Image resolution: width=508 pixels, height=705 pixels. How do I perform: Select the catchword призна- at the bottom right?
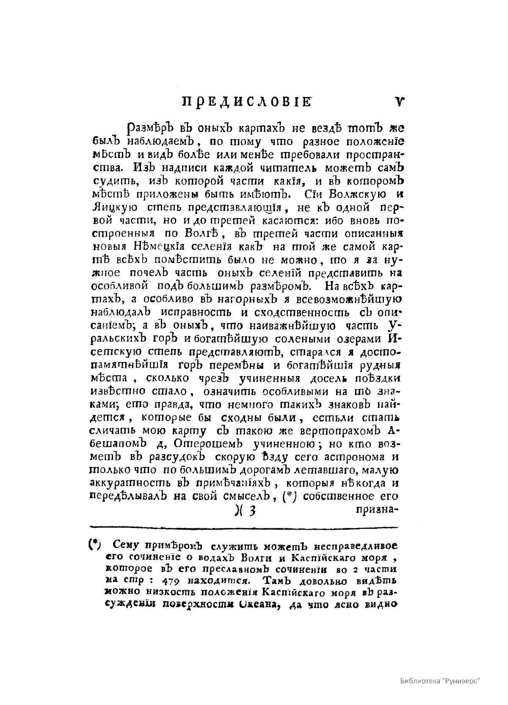click(375, 510)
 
